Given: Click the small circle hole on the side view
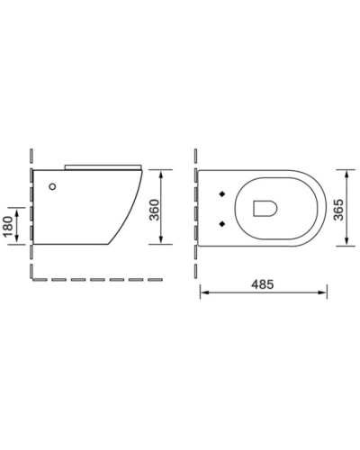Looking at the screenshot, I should (52, 187).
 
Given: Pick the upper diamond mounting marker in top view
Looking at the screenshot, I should (220, 193).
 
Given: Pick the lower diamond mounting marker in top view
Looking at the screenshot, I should (220, 222).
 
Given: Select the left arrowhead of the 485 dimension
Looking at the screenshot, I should (202, 292).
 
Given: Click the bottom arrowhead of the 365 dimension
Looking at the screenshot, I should (346, 243).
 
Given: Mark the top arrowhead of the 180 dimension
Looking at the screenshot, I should (20, 207).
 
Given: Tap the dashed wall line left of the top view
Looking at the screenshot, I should (199, 207).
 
